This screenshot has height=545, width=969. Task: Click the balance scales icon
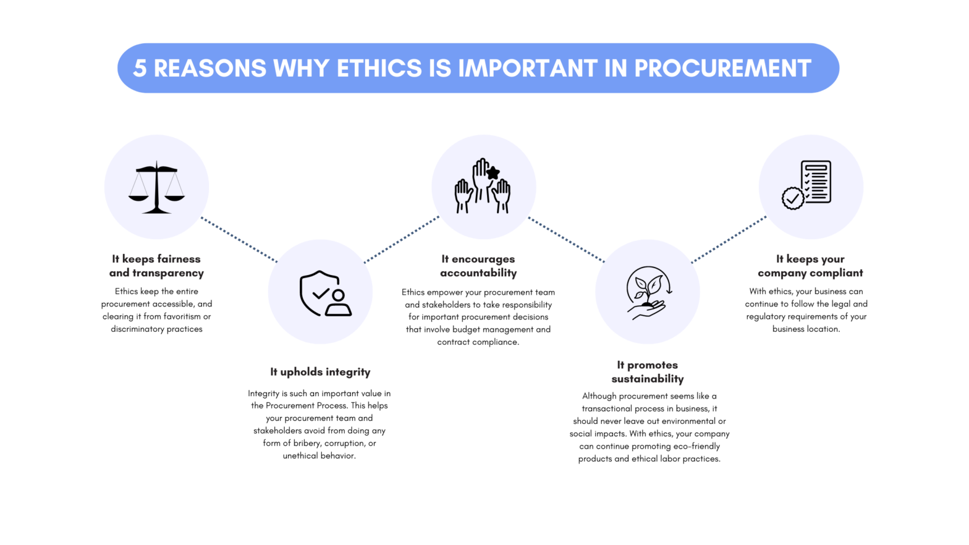click(x=156, y=187)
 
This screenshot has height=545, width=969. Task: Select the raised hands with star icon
click(x=483, y=186)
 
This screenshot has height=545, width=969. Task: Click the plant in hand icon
click(x=648, y=292)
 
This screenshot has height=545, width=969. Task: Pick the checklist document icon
click(x=807, y=185)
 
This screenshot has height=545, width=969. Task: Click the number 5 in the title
click(x=140, y=69)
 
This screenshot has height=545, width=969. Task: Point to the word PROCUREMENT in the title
click(x=722, y=69)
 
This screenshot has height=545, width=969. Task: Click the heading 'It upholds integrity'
click(x=320, y=372)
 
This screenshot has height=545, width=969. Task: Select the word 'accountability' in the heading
click(x=478, y=273)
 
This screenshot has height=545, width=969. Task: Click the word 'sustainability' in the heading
click(x=648, y=379)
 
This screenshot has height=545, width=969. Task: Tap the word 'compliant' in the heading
click(x=836, y=273)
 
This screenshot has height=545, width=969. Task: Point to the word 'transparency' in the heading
click(x=167, y=273)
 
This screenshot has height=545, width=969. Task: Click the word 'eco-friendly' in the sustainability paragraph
click(x=696, y=446)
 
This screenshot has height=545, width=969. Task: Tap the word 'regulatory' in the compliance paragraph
click(x=767, y=316)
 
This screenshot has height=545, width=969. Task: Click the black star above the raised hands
click(x=493, y=173)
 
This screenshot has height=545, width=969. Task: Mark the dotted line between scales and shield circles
click(x=239, y=240)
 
